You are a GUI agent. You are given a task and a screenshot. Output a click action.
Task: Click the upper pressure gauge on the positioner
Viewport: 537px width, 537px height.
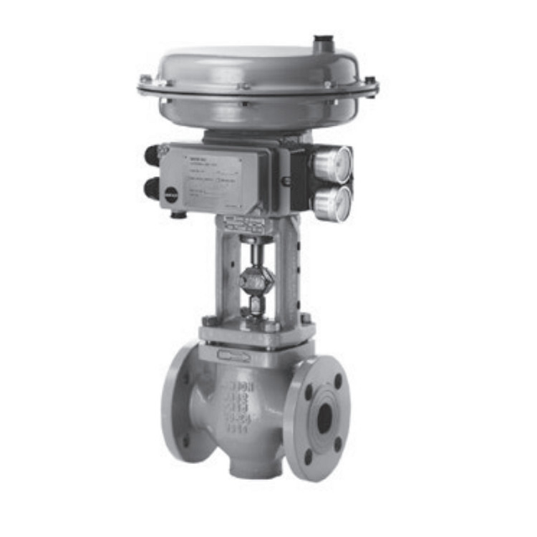tap(333, 164)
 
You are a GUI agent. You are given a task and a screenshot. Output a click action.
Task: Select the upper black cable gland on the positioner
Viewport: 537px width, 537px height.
tap(151, 155)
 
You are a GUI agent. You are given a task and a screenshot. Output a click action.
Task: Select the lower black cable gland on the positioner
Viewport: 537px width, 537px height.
tap(151, 188)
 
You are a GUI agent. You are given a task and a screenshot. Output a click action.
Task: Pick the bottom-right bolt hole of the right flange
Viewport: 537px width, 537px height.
tap(338, 445)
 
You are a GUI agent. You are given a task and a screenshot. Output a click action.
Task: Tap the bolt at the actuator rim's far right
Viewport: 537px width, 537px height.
tap(369, 81)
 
